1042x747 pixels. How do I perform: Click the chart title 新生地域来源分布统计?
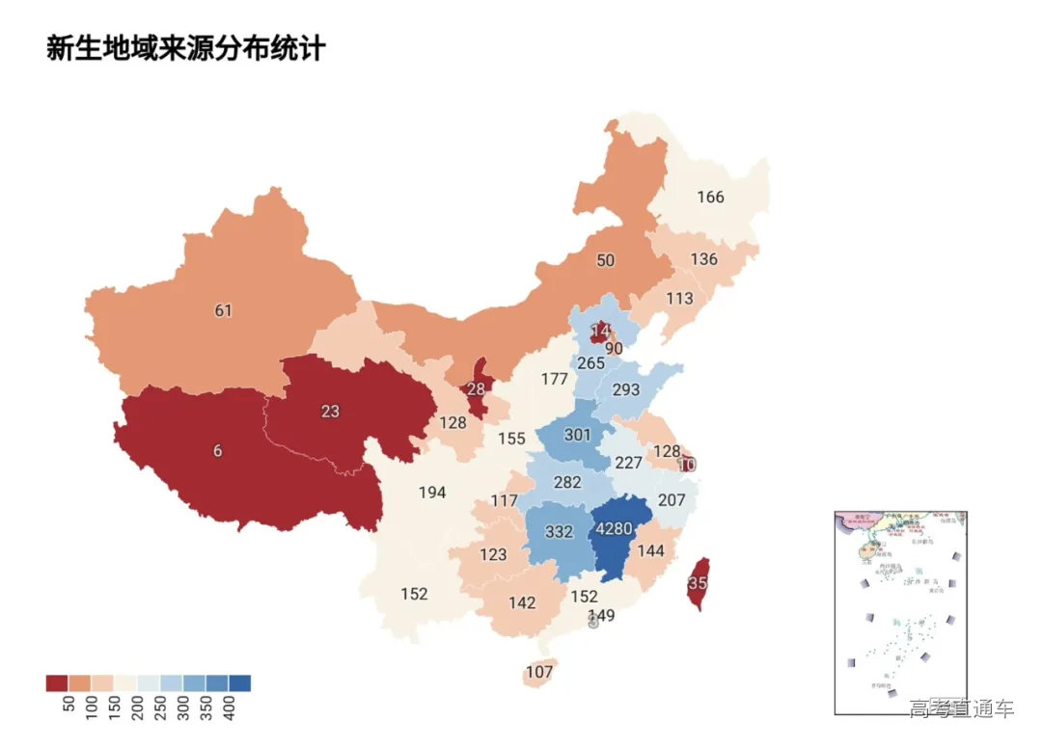click(185, 48)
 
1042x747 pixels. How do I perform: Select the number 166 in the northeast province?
click(710, 198)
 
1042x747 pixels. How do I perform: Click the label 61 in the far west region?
click(224, 310)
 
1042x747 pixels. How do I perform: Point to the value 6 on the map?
click(217, 451)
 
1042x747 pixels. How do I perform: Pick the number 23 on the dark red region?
click(330, 411)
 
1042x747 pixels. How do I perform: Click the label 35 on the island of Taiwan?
click(698, 583)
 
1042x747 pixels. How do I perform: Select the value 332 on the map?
click(559, 532)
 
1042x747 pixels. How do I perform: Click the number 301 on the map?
click(577, 435)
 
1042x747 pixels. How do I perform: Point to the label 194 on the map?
click(432, 493)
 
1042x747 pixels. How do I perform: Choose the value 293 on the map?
click(626, 390)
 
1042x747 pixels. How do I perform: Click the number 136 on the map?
click(704, 259)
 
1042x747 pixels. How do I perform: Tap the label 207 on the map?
click(671, 501)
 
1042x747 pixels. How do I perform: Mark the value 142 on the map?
click(522, 603)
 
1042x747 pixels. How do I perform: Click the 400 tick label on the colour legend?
click(230, 708)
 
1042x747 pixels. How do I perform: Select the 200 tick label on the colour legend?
click(137, 708)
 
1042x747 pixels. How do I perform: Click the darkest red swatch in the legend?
click(56, 683)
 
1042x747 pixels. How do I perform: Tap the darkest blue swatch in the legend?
click(239, 683)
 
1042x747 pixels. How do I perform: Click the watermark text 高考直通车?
click(961, 709)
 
